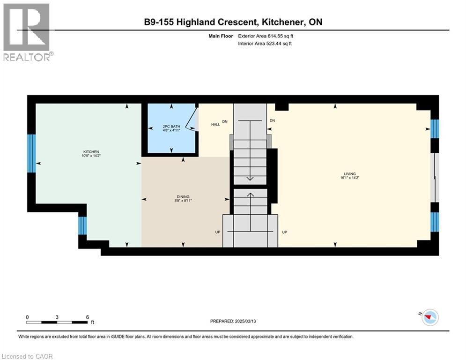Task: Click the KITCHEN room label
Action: tap(90, 152)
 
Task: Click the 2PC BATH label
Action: tap(171, 127)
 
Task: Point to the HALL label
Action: tap(215, 124)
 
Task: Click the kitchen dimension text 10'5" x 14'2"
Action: tap(90, 156)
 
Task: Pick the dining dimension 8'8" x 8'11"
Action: tap(183, 201)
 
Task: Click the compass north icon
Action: tap(429, 317)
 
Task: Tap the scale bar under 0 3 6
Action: tap(57, 322)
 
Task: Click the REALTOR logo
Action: tap(27, 32)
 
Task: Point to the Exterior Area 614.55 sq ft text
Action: tap(266, 36)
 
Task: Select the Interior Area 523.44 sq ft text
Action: tap(266, 44)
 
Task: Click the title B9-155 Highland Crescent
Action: tap(199, 22)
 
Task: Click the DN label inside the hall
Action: tap(224, 121)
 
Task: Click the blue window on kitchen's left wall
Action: tap(31, 153)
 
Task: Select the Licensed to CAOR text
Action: tap(28, 356)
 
